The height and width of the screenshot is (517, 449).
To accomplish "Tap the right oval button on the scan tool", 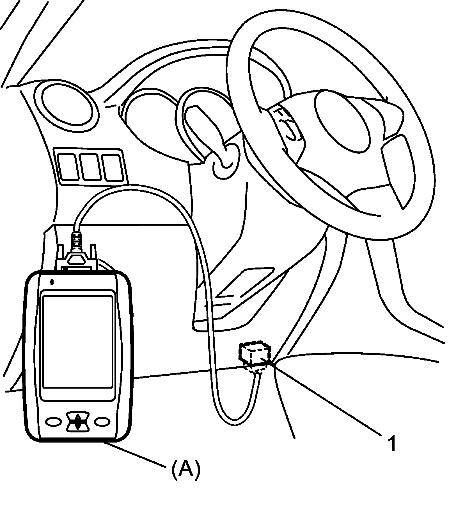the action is pyautogui.click(x=102, y=421).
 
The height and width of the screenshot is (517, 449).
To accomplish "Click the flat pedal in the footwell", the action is pyautogui.click(x=244, y=284).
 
